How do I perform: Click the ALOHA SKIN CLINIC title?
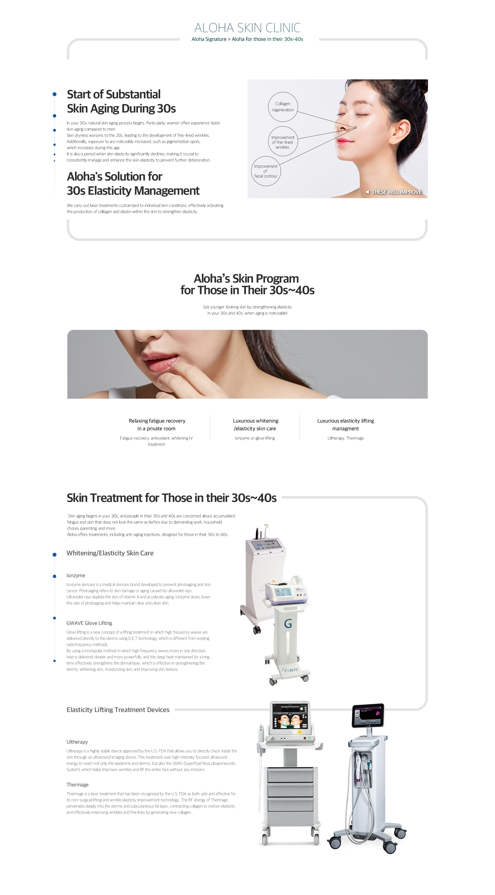coord(247,28)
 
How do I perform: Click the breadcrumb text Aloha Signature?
coord(209,39)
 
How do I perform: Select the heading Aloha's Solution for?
coord(114,177)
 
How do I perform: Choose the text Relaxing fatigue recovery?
coord(157,421)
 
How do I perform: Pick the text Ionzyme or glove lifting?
coord(255,438)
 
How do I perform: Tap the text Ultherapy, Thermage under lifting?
coord(345,438)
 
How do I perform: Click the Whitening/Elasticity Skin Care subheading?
coord(110,553)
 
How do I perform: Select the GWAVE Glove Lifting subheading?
coord(89,623)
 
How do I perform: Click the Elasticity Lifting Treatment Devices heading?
coord(118,710)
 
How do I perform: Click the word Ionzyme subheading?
coord(76,575)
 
